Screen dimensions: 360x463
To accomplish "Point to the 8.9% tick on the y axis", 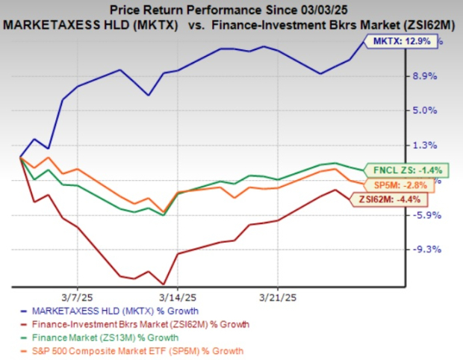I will pyautogui.click(x=423, y=76).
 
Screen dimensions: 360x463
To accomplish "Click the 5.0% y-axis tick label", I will pyautogui.click(x=423, y=111).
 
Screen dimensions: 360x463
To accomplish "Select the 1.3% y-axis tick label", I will pyautogui.click(x=423, y=145).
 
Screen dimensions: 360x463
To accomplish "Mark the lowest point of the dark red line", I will pyautogui.click(x=163, y=284).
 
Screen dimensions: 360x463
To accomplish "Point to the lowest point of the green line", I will pyautogui.click(x=163, y=215).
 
